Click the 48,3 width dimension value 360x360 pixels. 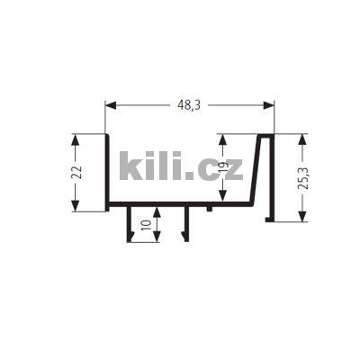click(x=189, y=105)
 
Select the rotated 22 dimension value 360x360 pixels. click(x=78, y=173)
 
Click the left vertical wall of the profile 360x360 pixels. click(x=108, y=171)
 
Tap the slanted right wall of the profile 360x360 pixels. click(x=260, y=171)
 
